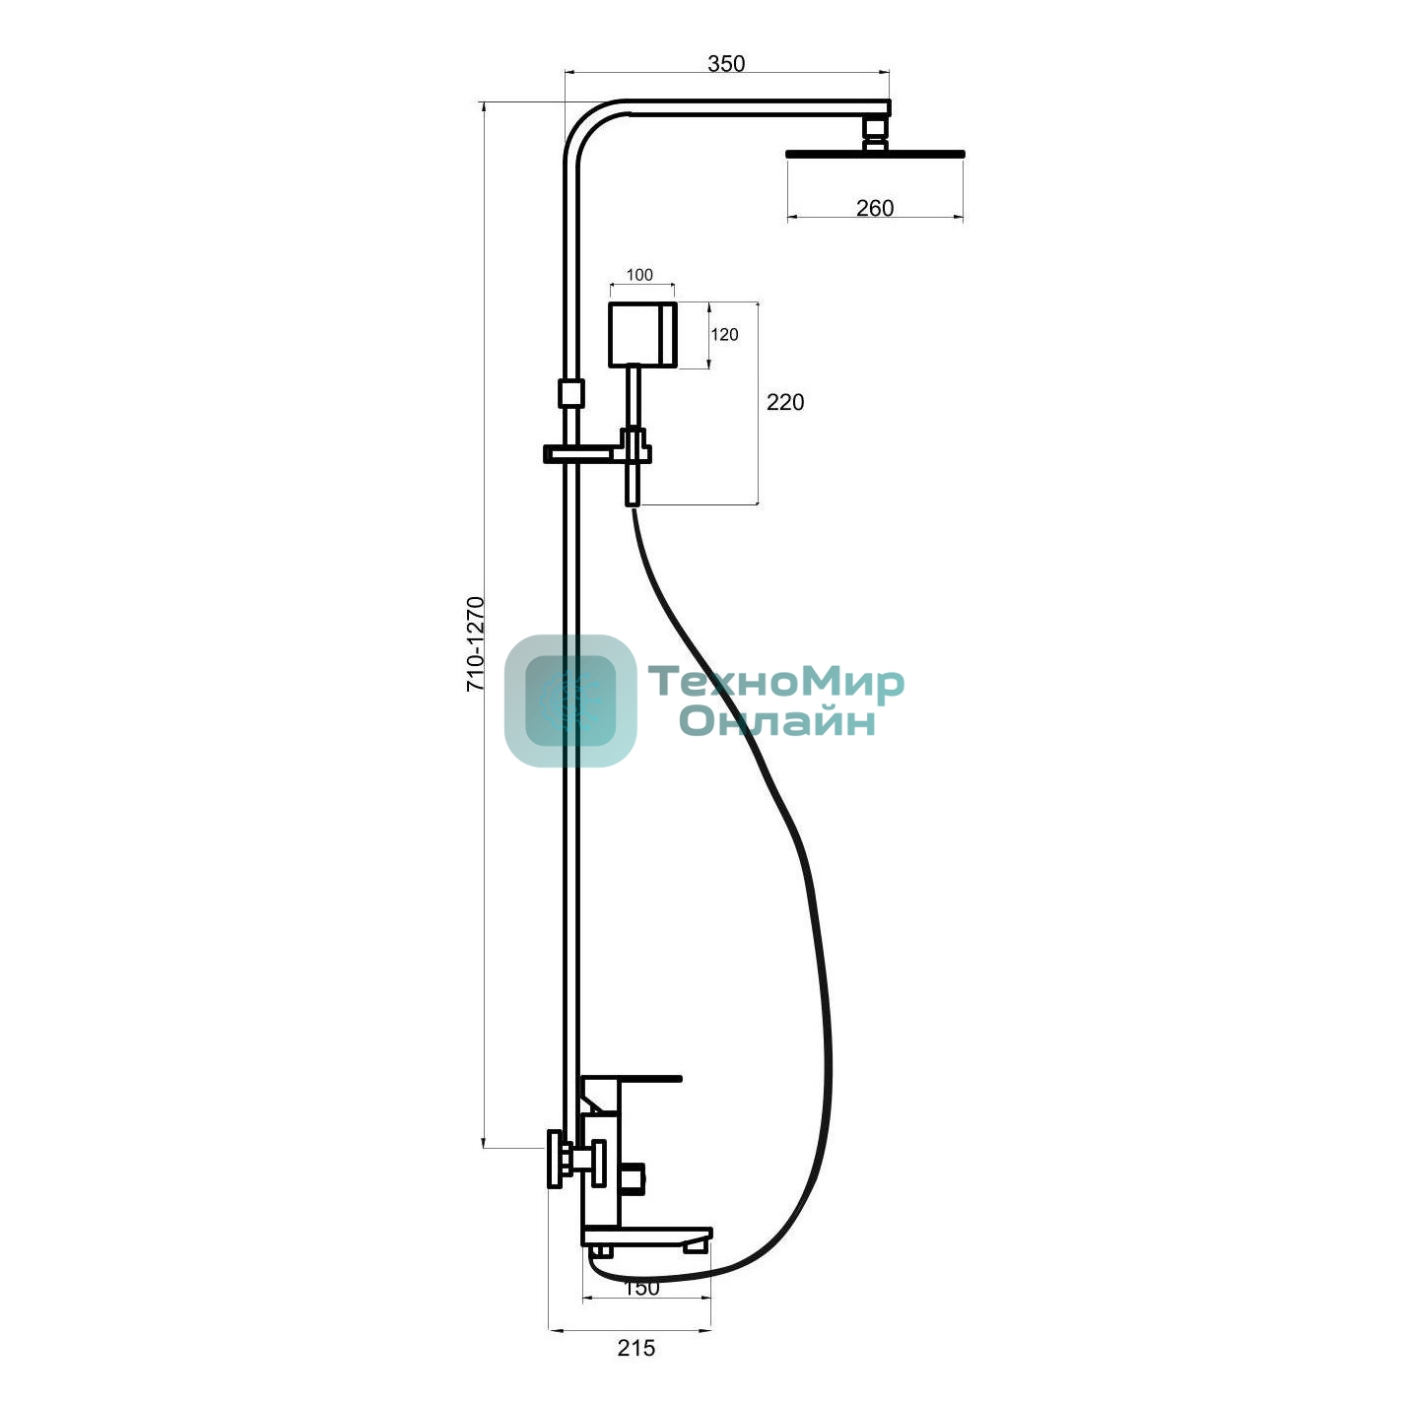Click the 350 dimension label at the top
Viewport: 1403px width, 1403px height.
tap(726, 64)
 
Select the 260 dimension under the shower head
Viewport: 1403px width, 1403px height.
tap(875, 208)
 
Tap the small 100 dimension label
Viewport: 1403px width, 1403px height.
tap(639, 275)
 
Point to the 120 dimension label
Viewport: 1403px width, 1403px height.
tap(724, 334)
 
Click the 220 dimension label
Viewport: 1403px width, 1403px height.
tap(785, 402)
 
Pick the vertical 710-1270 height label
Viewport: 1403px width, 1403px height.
tap(476, 643)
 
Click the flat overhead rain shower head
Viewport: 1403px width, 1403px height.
tap(875, 155)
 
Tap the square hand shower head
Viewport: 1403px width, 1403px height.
tap(643, 334)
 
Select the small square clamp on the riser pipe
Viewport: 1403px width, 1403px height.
tap(570, 393)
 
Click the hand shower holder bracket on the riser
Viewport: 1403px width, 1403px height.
tap(597, 453)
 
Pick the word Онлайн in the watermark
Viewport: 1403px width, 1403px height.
tap(777, 721)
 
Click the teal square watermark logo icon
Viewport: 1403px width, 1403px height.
tap(570, 701)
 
